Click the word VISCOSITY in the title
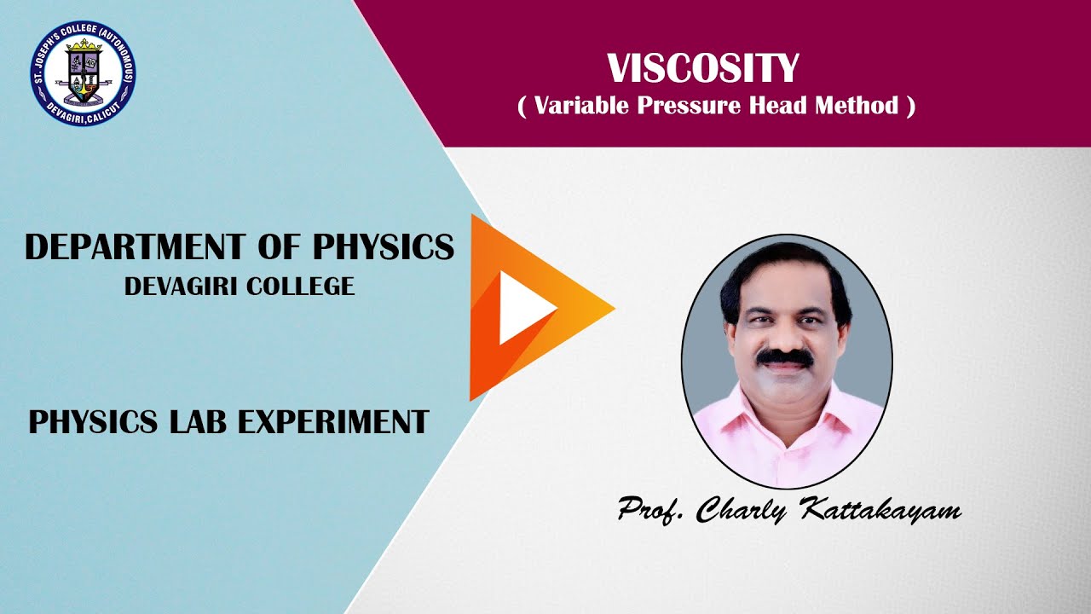point(702,69)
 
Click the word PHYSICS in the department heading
point(384,247)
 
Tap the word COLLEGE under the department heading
point(299,287)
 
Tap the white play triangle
point(522,308)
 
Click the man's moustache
point(785,359)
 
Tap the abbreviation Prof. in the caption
point(651,511)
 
